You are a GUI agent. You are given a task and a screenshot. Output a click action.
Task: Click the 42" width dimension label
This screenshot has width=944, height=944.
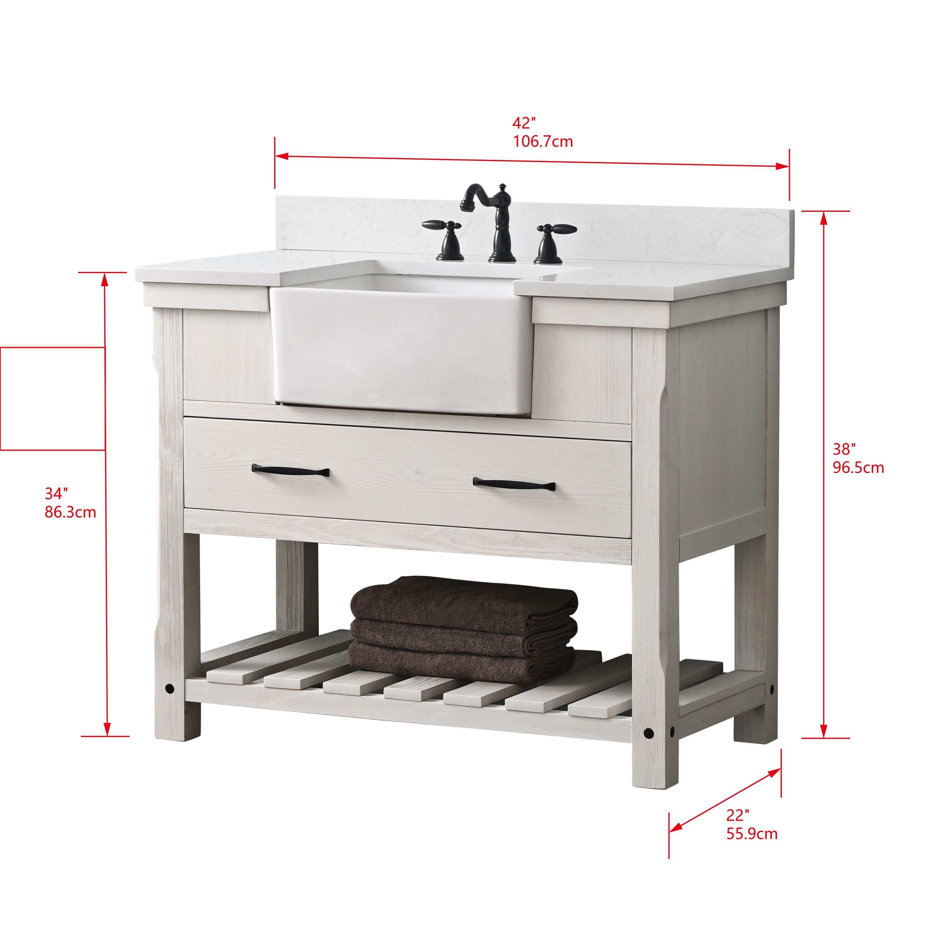coord(524,123)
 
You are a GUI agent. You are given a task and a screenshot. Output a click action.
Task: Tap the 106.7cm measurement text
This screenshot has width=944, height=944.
coord(542,142)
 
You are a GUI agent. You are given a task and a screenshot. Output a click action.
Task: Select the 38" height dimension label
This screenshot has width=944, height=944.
coord(844,449)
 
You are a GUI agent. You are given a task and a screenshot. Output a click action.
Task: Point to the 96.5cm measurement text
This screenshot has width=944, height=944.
coord(858,468)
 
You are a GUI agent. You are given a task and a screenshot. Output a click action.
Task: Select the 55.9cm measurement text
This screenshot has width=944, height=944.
coord(751,834)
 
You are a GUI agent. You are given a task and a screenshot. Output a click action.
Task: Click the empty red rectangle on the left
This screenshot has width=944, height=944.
coord(52,398)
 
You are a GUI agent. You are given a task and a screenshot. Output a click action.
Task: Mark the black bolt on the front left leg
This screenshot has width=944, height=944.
coord(170,688)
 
